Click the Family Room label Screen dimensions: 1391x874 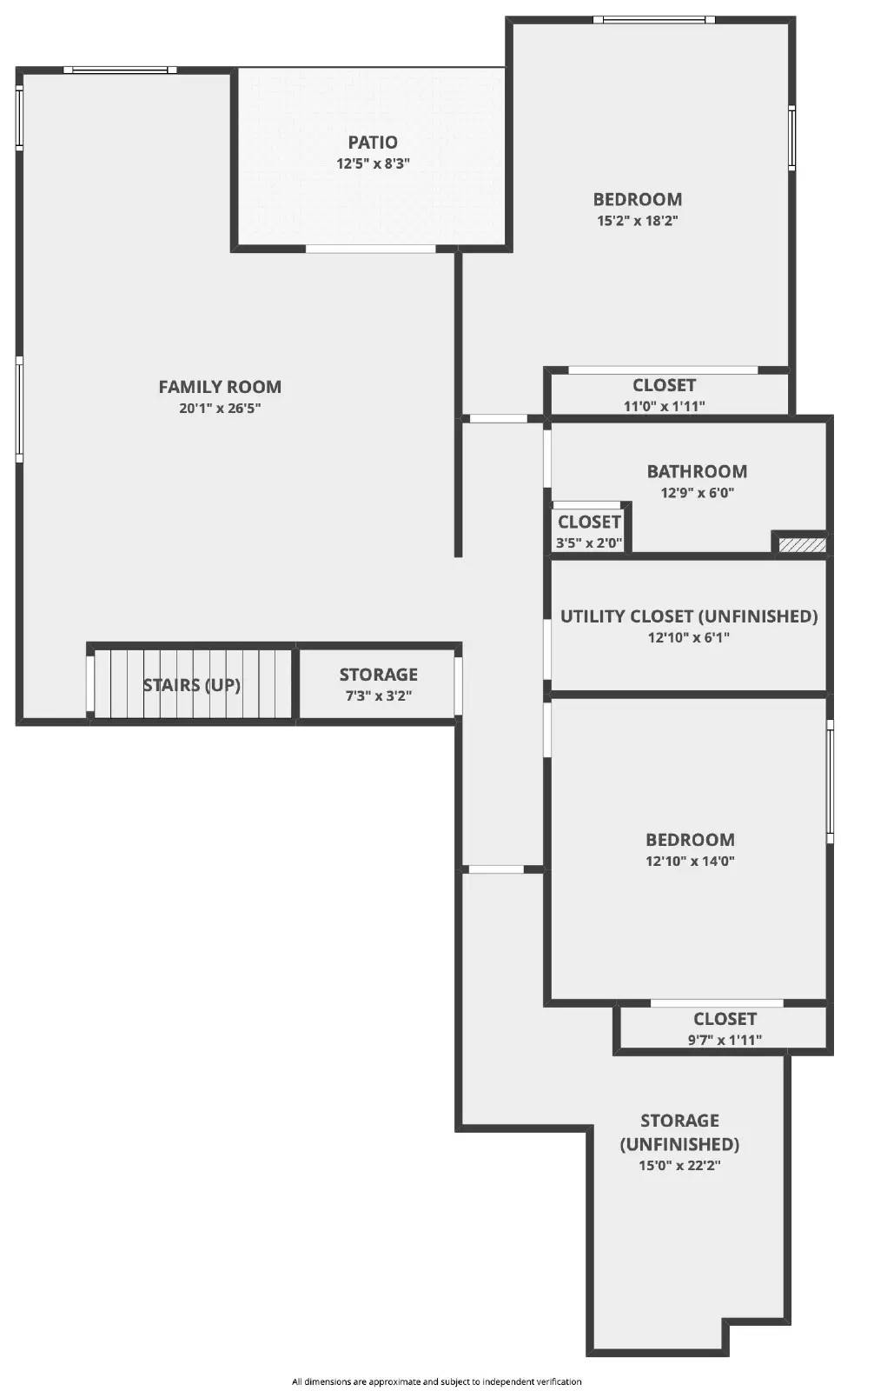[x=220, y=387]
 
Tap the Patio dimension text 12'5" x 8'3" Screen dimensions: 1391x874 [x=374, y=163]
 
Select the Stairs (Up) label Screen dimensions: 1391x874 [x=192, y=685]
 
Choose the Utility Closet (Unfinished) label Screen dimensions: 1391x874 [x=689, y=616]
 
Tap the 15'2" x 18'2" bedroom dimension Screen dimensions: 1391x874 [x=637, y=221]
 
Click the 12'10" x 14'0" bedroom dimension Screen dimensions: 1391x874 [x=690, y=862]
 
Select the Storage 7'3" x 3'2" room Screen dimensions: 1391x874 [x=378, y=683]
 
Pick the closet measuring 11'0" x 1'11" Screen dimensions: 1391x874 [x=665, y=395]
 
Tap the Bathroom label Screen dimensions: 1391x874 [x=697, y=471]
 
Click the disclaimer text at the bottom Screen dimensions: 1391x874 [x=437, y=1381]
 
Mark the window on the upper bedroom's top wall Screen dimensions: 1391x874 [x=654, y=19]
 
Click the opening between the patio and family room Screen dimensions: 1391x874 [x=371, y=250]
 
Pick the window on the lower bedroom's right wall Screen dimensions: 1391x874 [x=830, y=781]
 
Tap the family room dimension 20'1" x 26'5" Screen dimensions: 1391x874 [x=220, y=409]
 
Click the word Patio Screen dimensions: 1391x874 [x=373, y=143]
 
